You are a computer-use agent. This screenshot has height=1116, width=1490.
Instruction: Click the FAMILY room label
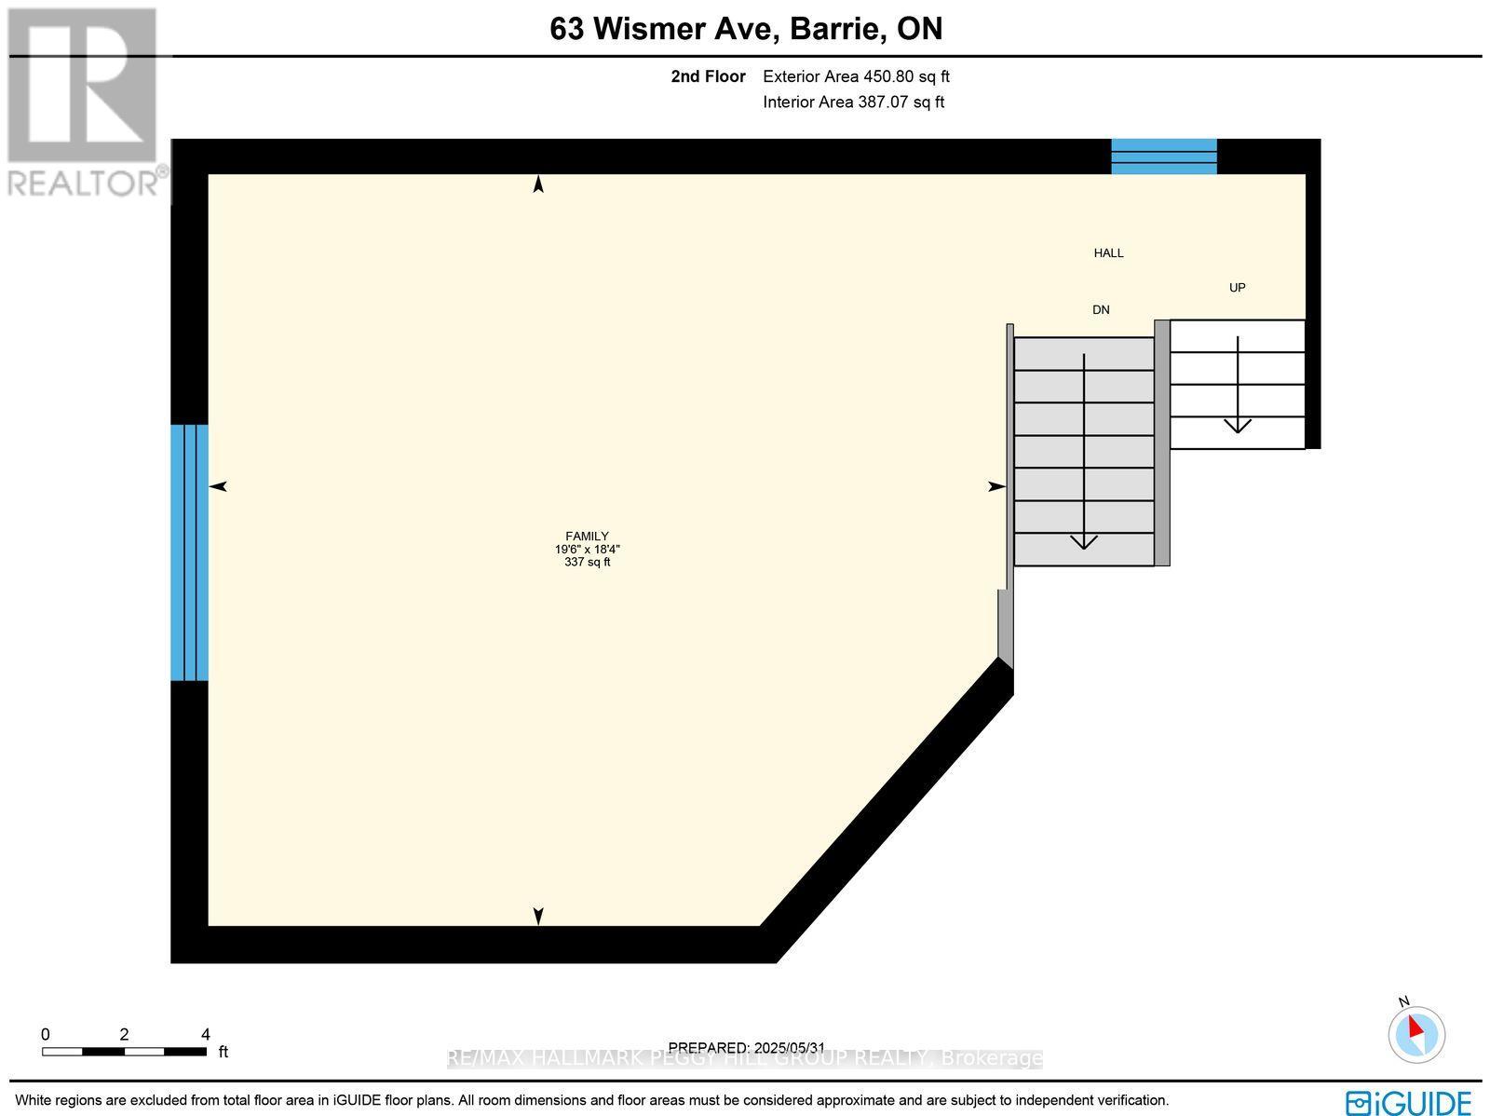pos(587,536)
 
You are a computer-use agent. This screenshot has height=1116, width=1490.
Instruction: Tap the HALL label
pos(1108,252)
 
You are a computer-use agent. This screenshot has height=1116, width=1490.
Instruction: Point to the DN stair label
pos(1101,309)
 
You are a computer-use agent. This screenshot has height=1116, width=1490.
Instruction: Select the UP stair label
pos(1237,287)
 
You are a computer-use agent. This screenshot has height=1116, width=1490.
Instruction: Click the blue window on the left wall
pos(189,552)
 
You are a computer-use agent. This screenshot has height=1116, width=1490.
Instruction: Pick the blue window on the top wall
pos(1164,157)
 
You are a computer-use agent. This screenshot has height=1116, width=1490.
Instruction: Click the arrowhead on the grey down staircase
pos(1083,541)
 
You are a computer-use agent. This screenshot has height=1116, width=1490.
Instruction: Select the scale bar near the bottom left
pos(124,1051)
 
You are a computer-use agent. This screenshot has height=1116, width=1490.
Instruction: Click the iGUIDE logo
pos(1408,1102)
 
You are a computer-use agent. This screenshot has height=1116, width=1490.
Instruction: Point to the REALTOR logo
pos(84,102)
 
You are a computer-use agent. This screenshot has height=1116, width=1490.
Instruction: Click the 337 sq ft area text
pos(587,562)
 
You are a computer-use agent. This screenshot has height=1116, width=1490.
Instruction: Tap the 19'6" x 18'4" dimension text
pos(587,549)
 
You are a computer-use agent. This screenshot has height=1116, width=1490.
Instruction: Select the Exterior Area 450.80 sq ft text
pos(856,76)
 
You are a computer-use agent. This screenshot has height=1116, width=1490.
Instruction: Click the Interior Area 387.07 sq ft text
pos(853,102)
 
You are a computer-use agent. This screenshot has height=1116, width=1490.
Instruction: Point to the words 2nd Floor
pos(708,76)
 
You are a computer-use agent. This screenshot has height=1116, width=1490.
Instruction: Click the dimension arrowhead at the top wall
pos(537,184)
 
